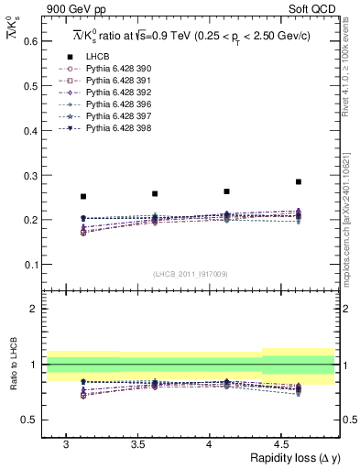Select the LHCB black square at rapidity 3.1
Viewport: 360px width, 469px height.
coord(83,196)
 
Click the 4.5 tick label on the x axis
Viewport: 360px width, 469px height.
coord(281,443)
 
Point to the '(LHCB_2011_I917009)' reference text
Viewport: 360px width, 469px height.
coord(191,275)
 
